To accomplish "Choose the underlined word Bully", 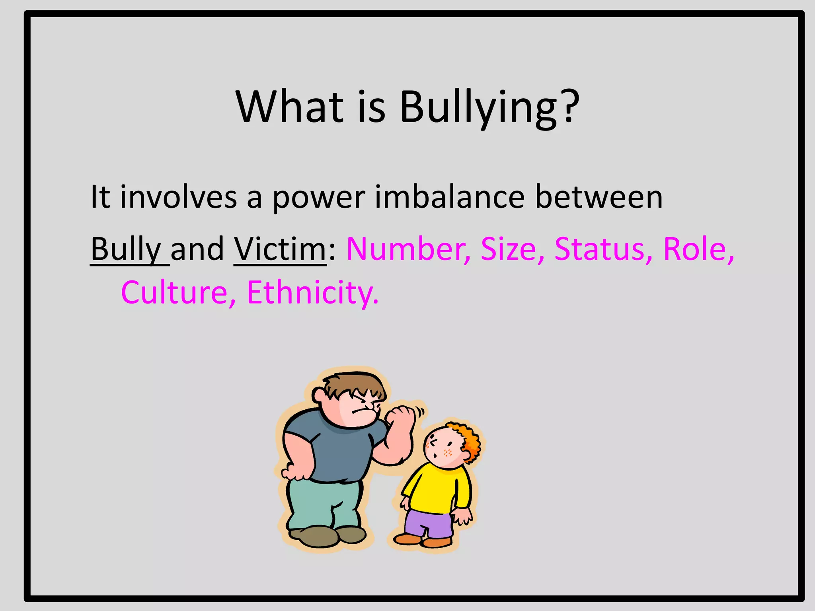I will click(126, 250).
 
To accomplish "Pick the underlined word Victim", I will click(280, 249).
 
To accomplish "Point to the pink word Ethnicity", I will click(312, 293).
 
